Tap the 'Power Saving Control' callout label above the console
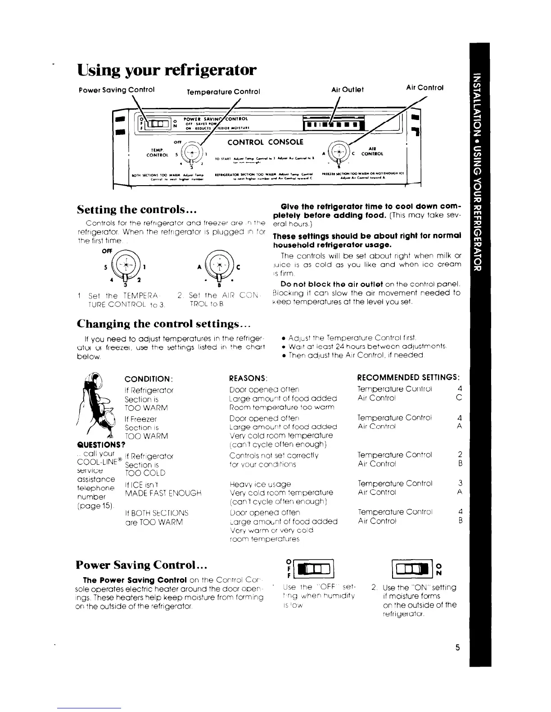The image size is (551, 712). coord(117,89)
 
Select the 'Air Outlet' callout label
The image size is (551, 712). coord(347,89)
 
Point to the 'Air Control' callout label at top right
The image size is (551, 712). coord(425,88)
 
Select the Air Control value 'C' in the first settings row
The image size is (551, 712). coord(459,398)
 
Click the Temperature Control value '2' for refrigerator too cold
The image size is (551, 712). coord(459,454)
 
